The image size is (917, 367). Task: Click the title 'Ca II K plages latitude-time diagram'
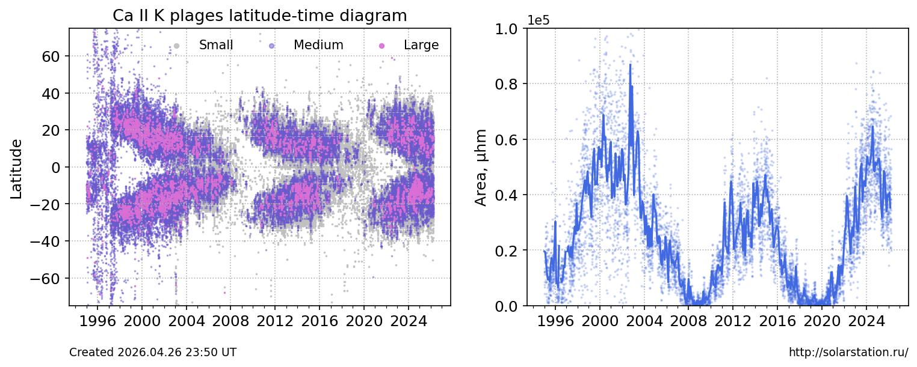259,16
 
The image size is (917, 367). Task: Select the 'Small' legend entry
215,45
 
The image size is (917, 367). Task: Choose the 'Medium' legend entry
318,45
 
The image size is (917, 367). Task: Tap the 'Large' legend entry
421,45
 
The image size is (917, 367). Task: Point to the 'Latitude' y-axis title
17,169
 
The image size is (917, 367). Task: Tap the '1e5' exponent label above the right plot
539,20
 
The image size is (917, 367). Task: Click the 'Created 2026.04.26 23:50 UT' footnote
153,353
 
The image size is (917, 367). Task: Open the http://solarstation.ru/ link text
848,353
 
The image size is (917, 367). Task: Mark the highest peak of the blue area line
630,64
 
